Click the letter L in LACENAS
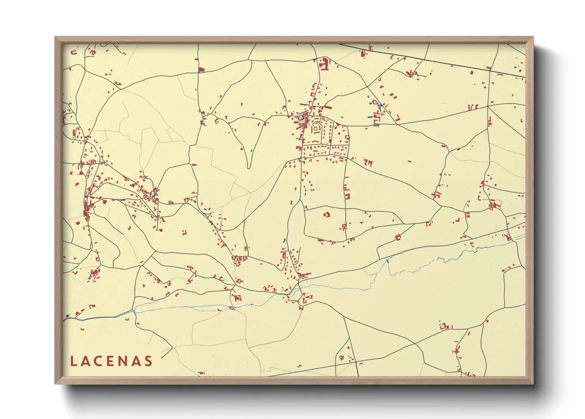pos(73,361)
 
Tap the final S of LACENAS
pos(148,361)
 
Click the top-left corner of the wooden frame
pos(55,37)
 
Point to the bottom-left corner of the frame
pos(55,383)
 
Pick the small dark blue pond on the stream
pos(388,261)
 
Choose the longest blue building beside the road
pos(376,126)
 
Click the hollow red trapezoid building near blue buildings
pos(375,103)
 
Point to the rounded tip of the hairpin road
pos(249,166)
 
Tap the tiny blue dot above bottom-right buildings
pos(440,321)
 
